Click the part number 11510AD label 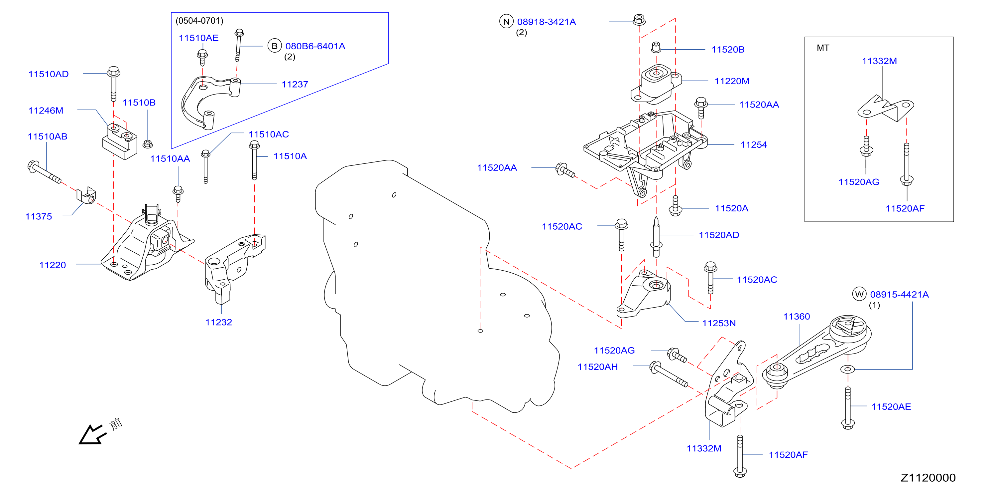48,74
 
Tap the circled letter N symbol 506,22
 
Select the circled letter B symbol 274,46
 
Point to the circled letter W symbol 859,294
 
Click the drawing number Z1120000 928,478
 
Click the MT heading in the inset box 823,48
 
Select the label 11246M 46,111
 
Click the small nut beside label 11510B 147,144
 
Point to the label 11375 39,216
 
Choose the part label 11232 218,322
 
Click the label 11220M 732,81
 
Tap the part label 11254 754,145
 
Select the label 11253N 718,323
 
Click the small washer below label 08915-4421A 847,369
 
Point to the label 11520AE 891,406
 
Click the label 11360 797,316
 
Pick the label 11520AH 597,367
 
